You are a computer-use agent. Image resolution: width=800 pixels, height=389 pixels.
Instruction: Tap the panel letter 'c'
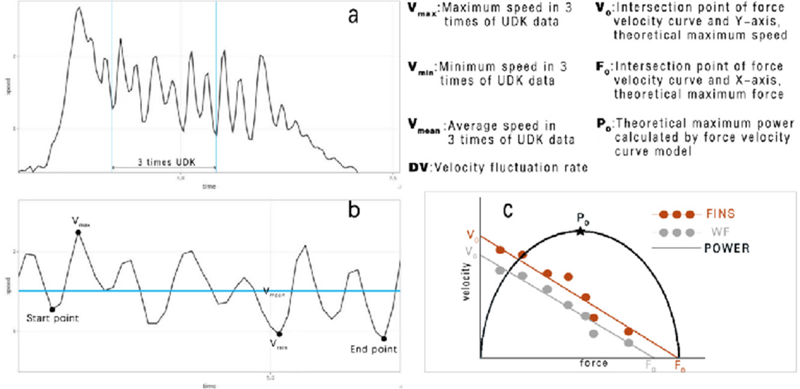click(x=508, y=211)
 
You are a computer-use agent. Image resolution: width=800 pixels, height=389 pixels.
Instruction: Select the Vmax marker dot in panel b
click(x=78, y=232)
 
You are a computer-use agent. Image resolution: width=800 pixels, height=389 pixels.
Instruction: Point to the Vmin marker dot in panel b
click(x=279, y=334)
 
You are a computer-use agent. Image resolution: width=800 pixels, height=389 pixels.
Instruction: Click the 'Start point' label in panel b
click(x=53, y=318)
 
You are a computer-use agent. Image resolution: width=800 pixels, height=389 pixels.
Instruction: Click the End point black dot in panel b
click(x=384, y=339)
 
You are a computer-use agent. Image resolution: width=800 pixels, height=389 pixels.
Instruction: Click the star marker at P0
click(x=580, y=231)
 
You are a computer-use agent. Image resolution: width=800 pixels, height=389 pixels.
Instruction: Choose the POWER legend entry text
click(x=727, y=248)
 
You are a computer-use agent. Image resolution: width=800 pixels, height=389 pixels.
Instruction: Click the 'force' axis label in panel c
click(x=593, y=363)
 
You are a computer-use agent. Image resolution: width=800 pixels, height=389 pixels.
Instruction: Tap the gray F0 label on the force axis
click(x=650, y=364)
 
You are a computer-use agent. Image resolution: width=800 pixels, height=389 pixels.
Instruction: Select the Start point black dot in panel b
click(x=53, y=309)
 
